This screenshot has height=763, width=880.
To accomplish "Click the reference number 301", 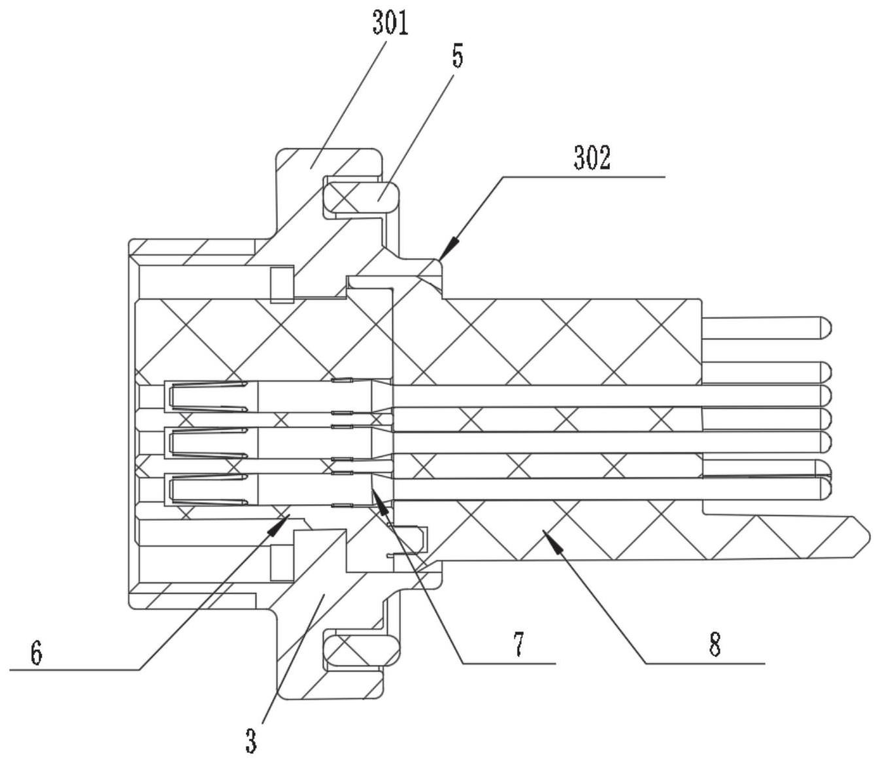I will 390,24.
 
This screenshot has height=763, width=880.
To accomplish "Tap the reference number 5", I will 458,57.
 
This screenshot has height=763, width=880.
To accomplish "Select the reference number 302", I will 592,158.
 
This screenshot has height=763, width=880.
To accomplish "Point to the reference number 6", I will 37,653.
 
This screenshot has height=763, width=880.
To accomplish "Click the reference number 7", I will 518,645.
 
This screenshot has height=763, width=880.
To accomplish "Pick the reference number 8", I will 715,645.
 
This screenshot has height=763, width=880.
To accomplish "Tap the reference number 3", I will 251,740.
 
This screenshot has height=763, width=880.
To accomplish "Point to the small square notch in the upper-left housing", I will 282,284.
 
